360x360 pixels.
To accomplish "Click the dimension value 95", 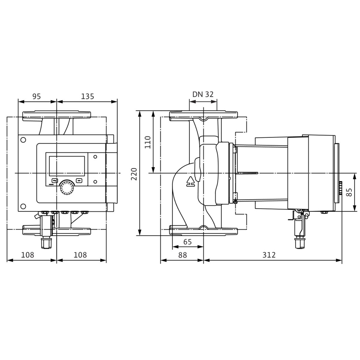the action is tap(37, 96).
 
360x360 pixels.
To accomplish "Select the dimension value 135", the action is tap(87, 96).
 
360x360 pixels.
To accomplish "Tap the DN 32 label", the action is tap(203, 94).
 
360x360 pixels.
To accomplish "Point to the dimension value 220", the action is tap(134, 174).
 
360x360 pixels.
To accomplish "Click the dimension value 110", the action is tap(148, 142).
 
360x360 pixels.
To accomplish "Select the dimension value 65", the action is tap(187, 242).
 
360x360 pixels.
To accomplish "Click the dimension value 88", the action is tap(182, 255).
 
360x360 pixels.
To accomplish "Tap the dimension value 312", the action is tap(269, 255).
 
